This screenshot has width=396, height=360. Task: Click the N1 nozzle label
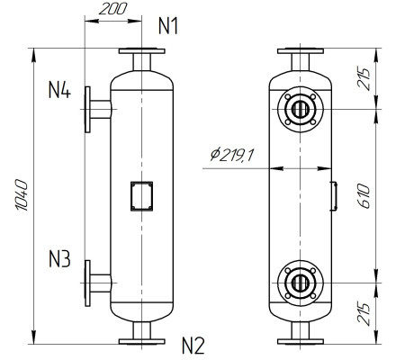(168, 26)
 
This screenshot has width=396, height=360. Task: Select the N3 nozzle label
(59, 260)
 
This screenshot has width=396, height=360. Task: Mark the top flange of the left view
(141, 51)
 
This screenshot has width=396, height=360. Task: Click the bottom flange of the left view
(141, 340)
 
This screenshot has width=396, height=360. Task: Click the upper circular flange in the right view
(298, 110)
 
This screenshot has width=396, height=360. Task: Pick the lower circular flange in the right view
(298, 282)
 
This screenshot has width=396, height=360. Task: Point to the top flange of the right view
(298, 51)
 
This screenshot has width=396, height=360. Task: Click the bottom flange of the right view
(298, 340)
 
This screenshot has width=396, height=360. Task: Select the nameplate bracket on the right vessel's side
(334, 195)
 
